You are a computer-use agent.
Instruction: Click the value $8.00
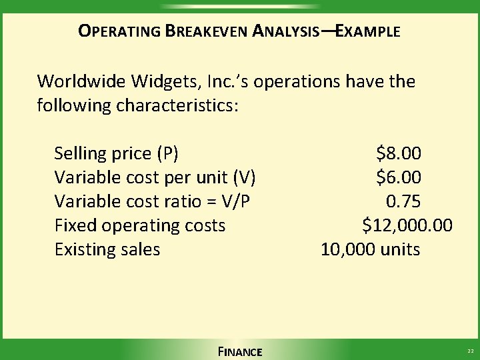[399, 154]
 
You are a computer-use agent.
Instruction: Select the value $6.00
[399, 178]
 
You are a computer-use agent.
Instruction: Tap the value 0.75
[403, 202]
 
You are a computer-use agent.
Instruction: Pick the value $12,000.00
[407, 226]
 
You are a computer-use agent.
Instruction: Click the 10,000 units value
[370, 250]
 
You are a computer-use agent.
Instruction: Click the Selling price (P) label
[116, 154]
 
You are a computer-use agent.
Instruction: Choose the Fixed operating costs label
[139, 226]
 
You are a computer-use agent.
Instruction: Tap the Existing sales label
[107, 250]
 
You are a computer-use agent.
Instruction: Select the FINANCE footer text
[240, 352]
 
